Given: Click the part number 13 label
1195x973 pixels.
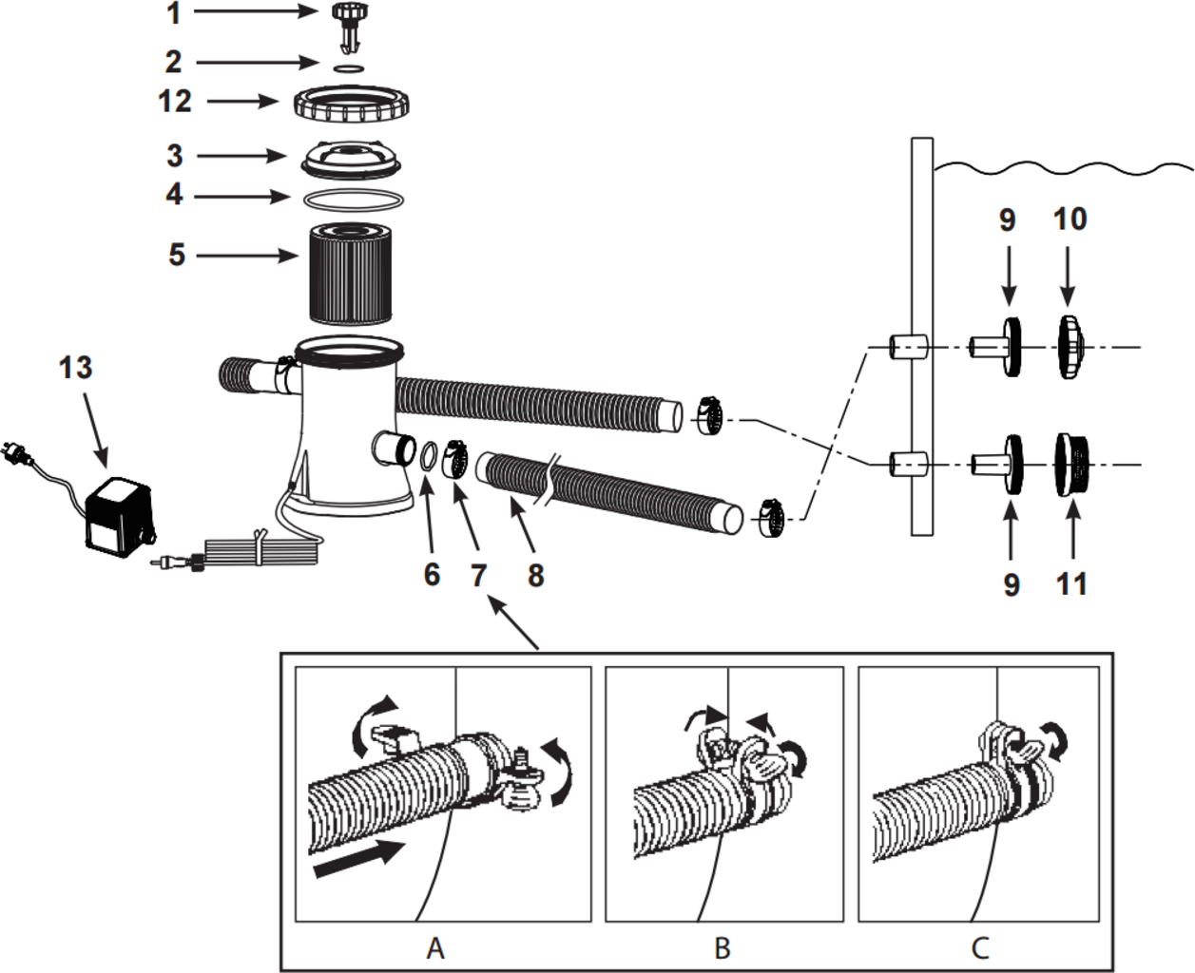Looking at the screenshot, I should point(76,368).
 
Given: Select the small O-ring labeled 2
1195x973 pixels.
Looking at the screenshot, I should point(350,68).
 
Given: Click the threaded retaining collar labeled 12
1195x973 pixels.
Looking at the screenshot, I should point(352,103).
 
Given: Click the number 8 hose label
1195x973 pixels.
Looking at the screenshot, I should point(535,574).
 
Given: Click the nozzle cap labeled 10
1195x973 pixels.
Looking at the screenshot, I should point(1070,346).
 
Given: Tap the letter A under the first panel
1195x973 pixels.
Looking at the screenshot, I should point(435,947).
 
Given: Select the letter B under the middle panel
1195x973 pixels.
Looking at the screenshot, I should point(723,947).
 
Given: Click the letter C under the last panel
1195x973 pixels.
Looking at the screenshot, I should point(980,947).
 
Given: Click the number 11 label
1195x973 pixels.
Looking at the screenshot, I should point(1071,583).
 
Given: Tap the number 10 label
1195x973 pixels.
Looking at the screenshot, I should point(1070,219).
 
